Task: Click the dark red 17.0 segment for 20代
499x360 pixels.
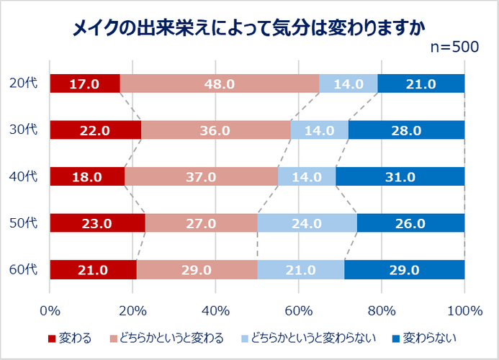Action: [85, 84]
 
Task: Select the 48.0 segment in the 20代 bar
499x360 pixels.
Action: [220, 84]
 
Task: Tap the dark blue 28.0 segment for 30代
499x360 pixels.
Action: [406, 130]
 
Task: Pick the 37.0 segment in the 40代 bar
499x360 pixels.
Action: [201, 176]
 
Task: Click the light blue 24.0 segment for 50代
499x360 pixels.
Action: [307, 223]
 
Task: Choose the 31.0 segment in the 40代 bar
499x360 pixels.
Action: [400, 176]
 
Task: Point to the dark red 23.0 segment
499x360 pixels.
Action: [98, 223]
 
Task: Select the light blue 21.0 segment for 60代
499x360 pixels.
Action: [301, 269]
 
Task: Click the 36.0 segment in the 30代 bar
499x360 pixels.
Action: [216, 130]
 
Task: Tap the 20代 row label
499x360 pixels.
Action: [24, 83]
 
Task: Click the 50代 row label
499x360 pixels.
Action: [24, 222]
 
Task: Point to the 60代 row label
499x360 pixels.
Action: [24, 269]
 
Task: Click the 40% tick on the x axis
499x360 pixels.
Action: [216, 310]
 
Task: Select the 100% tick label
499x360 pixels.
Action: [465, 310]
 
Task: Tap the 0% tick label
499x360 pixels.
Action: [50, 310]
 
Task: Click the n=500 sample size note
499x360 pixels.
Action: [454, 47]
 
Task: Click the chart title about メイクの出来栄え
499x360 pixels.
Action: [249, 28]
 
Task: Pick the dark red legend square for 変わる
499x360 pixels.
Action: [52, 338]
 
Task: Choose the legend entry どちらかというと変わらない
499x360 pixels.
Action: [308, 338]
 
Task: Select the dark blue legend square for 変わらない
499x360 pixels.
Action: [396, 338]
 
